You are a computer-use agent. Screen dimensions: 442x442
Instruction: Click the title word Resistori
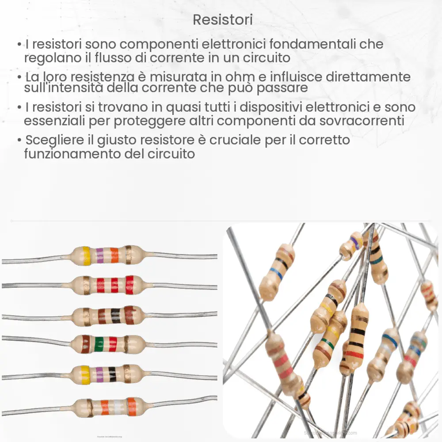(x=223, y=20)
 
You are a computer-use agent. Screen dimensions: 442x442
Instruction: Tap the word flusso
(x=144, y=58)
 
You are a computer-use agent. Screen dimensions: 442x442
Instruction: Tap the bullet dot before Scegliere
(x=20, y=141)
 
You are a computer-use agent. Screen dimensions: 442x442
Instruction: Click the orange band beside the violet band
(x=114, y=255)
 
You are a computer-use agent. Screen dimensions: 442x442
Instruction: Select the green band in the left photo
(x=99, y=344)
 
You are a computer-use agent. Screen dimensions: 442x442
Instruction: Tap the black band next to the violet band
(x=112, y=373)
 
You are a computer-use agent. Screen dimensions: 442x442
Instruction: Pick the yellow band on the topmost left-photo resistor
(x=86, y=255)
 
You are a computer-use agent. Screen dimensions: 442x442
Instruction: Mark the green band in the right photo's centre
(x=328, y=344)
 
